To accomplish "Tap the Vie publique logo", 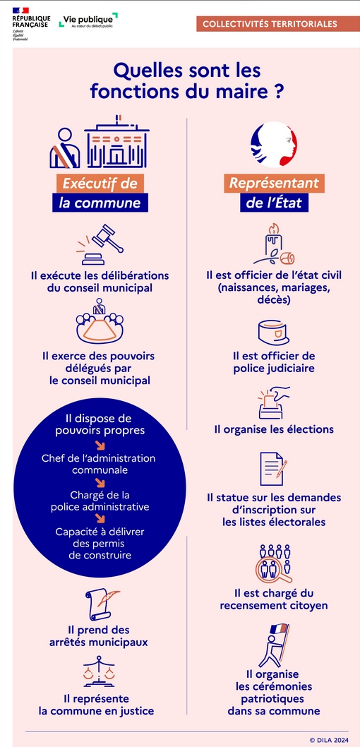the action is click(x=88, y=20).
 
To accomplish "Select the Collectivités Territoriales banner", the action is click(x=270, y=24).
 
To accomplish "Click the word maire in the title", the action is click(x=246, y=92).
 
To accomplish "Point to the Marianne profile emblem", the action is click(x=274, y=144).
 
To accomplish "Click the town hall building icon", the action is click(x=117, y=142).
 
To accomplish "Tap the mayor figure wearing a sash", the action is click(x=65, y=148).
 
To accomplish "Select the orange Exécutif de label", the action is click(x=100, y=184).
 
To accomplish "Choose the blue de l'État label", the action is click(x=274, y=203).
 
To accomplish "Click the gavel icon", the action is click(x=100, y=245).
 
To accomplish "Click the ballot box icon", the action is click(x=274, y=402).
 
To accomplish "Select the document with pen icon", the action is click(x=274, y=468).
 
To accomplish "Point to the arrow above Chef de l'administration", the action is click(x=100, y=446).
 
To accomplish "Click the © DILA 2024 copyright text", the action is click(x=329, y=740).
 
